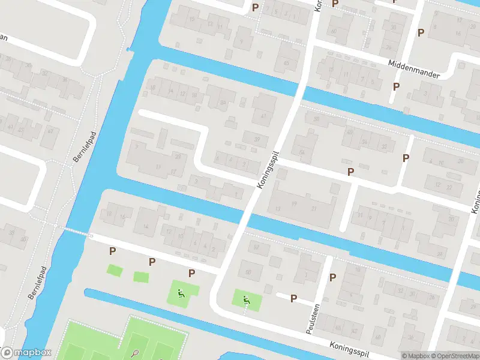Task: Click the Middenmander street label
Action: click(x=414, y=69)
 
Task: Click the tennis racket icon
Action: click(x=135, y=353)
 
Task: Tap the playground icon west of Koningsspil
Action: click(x=180, y=294)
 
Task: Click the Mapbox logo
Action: click(x=26, y=353)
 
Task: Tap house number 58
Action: click(x=247, y=272)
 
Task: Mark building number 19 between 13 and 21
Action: click(x=294, y=204)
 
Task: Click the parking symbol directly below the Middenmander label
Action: click(x=396, y=86)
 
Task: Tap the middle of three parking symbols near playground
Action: click(x=152, y=262)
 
